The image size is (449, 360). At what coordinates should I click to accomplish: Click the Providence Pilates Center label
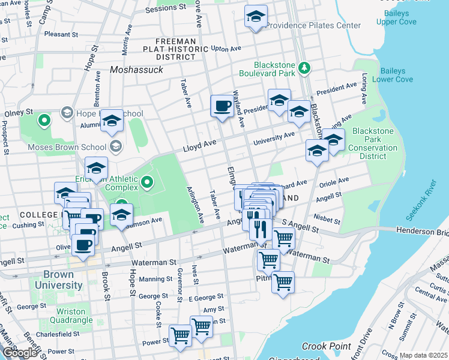(313, 25)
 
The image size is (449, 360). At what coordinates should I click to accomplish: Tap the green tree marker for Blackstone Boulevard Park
(304, 68)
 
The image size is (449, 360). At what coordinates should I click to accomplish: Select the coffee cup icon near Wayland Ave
(221, 106)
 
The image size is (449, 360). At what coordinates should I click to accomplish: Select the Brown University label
(59, 280)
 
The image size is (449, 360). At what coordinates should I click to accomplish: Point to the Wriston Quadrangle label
(75, 316)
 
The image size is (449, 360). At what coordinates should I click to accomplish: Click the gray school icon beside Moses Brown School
(115, 146)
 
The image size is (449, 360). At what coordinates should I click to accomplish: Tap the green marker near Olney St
(43, 121)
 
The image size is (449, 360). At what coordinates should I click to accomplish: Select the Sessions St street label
(166, 8)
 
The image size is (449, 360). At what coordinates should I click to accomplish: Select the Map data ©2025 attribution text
(423, 355)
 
